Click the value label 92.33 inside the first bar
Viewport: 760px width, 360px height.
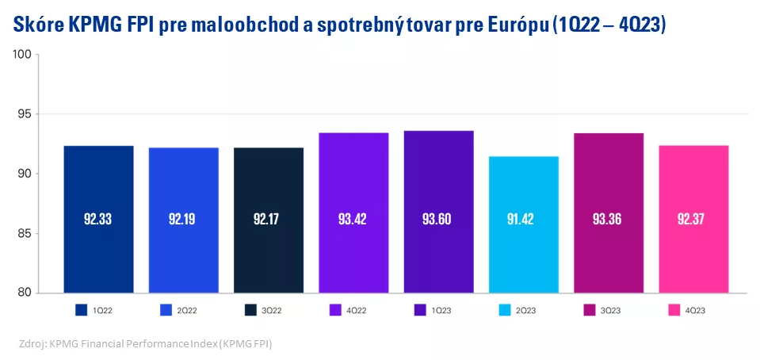(98, 219)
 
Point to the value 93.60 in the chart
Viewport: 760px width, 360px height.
(438, 219)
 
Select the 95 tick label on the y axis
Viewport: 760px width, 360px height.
(24, 114)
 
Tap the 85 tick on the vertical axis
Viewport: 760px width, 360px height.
(24, 233)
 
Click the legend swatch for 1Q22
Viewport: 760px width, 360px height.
(81, 309)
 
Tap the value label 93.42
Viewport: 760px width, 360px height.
(353, 219)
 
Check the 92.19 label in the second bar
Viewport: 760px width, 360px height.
(183, 219)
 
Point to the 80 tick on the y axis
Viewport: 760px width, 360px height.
(24, 293)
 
